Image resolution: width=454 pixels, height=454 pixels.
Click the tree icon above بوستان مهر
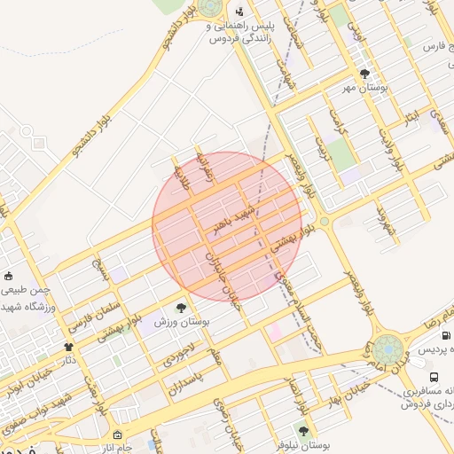pyautogui.click(x=364, y=74)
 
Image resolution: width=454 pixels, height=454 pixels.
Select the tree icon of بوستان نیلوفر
pyautogui.click(x=303, y=430)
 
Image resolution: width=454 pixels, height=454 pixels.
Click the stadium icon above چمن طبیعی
pyautogui.click(x=8, y=276)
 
